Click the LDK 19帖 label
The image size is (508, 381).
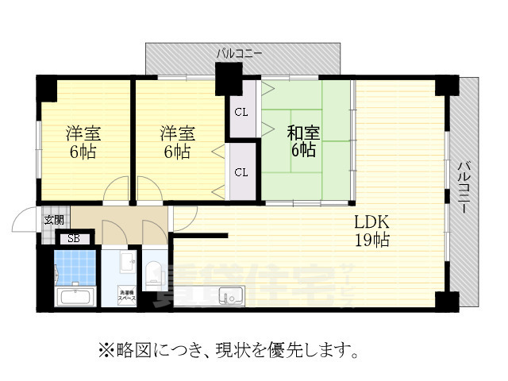click(x=371, y=230)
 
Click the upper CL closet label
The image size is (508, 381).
click(x=241, y=111)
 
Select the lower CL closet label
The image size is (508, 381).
click(x=241, y=171)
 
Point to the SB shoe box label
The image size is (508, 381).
click(x=73, y=238)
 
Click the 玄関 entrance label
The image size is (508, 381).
click(x=54, y=219)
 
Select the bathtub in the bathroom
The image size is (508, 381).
click(x=74, y=298)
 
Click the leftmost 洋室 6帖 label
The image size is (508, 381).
click(x=82, y=141)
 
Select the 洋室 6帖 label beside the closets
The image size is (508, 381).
click(x=176, y=141)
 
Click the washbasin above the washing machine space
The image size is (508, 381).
click(x=127, y=262)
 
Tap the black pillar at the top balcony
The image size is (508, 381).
click(x=229, y=79)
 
